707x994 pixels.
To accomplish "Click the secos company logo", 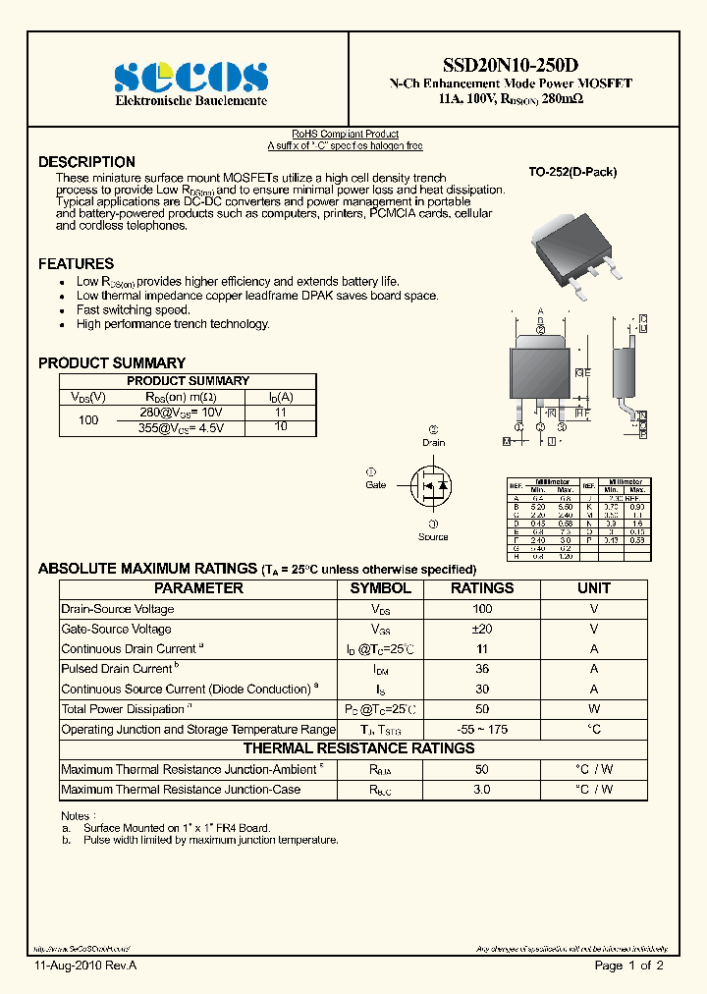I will pyautogui.click(x=190, y=76).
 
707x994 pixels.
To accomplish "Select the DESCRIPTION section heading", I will pyautogui.click(x=86, y=162).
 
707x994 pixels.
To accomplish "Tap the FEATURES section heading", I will pyautogui.click(x=76, y=263).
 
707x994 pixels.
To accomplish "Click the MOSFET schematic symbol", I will pyautogui.click(x=430, y=484).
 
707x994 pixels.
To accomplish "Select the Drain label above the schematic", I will pyautogui.click(x=433, y=442).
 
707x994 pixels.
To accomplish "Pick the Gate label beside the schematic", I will pyautogui.click(x=376, y=484).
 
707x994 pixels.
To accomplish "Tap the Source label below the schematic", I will pyautogui.click(x=433, y=536).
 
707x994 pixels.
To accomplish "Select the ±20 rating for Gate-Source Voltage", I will pyautogui.click(x=481, y=629).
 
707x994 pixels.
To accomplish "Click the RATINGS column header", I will pyautogui.click(x=481, y=588).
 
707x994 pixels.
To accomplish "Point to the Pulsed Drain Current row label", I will pyautogui.click(x=117, y=669).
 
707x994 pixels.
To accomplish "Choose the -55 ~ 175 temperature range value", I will pyautogui.click(x=481, y=730).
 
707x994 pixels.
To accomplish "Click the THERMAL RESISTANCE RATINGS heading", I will pyautogui.click(x=366, y=748).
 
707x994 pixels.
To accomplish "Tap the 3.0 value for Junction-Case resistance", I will pyautogui.click(x=481, y=790).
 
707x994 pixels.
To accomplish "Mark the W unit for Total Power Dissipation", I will pyautogui.click(x=594, y=709).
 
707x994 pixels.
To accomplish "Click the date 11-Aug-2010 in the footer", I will pyautogui.click(x=73, y=966).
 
